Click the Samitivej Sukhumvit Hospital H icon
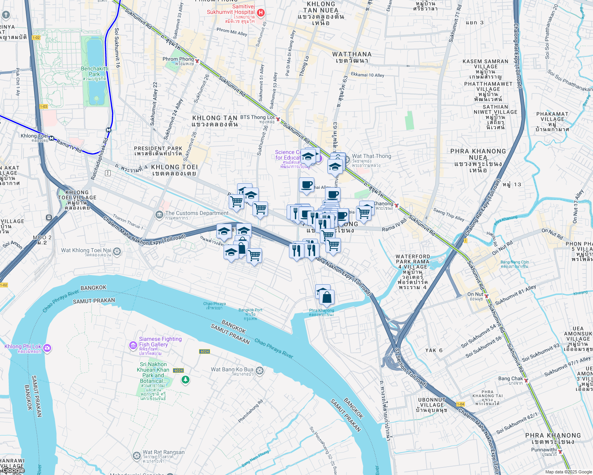[x=260, y=13]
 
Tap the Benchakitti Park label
[x=94, y=71]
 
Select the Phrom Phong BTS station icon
[x=197, y=61]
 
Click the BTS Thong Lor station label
[x=257, y=118]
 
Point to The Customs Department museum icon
[x=159, y=215]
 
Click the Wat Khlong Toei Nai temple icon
[x=117, y=251]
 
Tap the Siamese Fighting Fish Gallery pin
[x=133, y=346]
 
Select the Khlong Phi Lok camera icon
[x=48, y=348]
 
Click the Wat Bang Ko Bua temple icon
[x=260, y=370]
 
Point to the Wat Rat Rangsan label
[x=163, y=452]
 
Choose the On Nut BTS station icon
[x=486, y=296]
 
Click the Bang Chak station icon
[x=526, y=380]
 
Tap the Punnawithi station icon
[x=560, y=451]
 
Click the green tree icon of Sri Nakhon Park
[x=185, y=380]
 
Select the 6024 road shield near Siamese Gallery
[x=204, y=351]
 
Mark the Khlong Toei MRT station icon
[x=51, y=138]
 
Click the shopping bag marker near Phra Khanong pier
[x=327, y=298]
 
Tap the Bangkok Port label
[x=251, y=310]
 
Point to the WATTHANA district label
[x=352, y=54]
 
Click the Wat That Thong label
[x=371, y=156]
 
